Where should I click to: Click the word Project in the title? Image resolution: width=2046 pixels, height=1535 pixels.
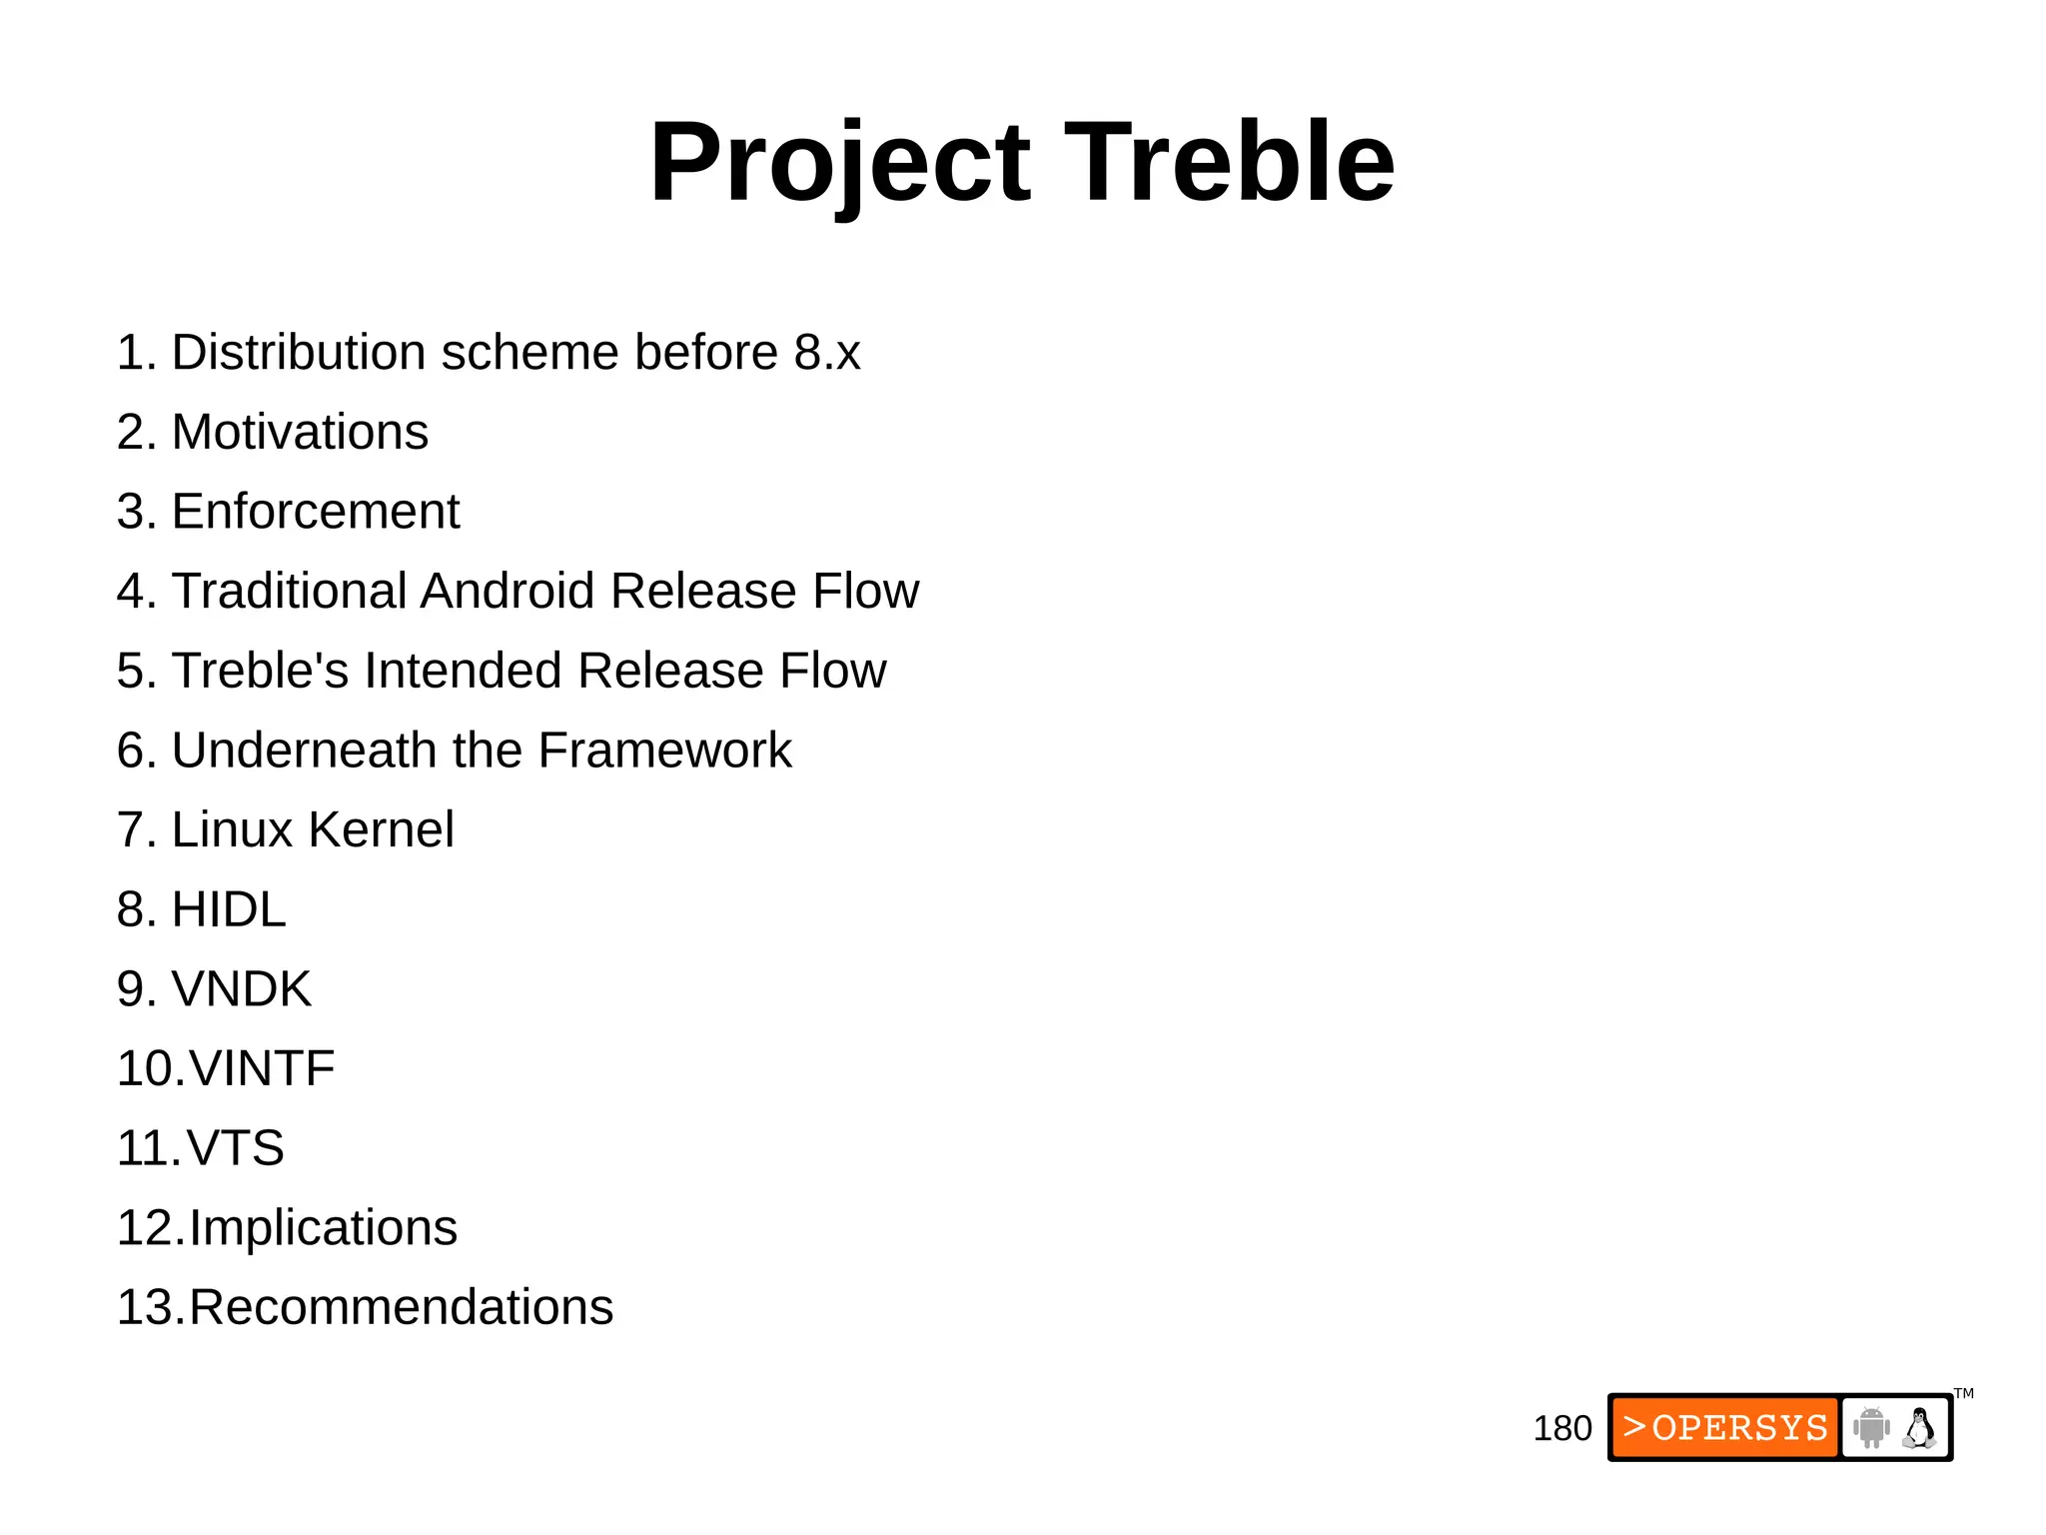[x=839, y=163]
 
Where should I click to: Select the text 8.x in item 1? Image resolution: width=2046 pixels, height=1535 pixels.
[x=826, y=353]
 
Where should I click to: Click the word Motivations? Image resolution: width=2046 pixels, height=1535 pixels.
[x=300, y=433]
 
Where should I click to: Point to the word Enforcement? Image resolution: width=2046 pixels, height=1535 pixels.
[x=315, y=512]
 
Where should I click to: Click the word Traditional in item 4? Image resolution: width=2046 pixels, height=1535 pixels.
[x=289, y=592]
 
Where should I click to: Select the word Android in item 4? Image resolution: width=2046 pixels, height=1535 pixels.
[x=508, y=592]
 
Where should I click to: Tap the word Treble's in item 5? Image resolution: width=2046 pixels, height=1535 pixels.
[x=260, y=671]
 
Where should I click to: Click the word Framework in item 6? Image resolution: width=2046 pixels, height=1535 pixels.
[x=664, y=751]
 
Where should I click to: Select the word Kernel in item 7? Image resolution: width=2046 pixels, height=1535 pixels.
[x=381, y=830]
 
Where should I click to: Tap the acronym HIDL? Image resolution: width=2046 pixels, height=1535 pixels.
[x=229, y=910]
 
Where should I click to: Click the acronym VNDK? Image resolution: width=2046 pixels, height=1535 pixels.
[x=241, y=989]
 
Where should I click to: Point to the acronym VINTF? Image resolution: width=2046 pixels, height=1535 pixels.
[x=262, y=1069]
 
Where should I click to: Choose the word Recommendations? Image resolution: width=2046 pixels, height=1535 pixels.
[x=401, y=1308]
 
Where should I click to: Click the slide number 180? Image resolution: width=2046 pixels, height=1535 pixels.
[x=1561, y=1429]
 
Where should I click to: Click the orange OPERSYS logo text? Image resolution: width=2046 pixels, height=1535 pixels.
[x=1725, y=1427]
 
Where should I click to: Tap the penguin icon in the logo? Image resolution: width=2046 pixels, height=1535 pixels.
[x=1918, y=1428]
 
